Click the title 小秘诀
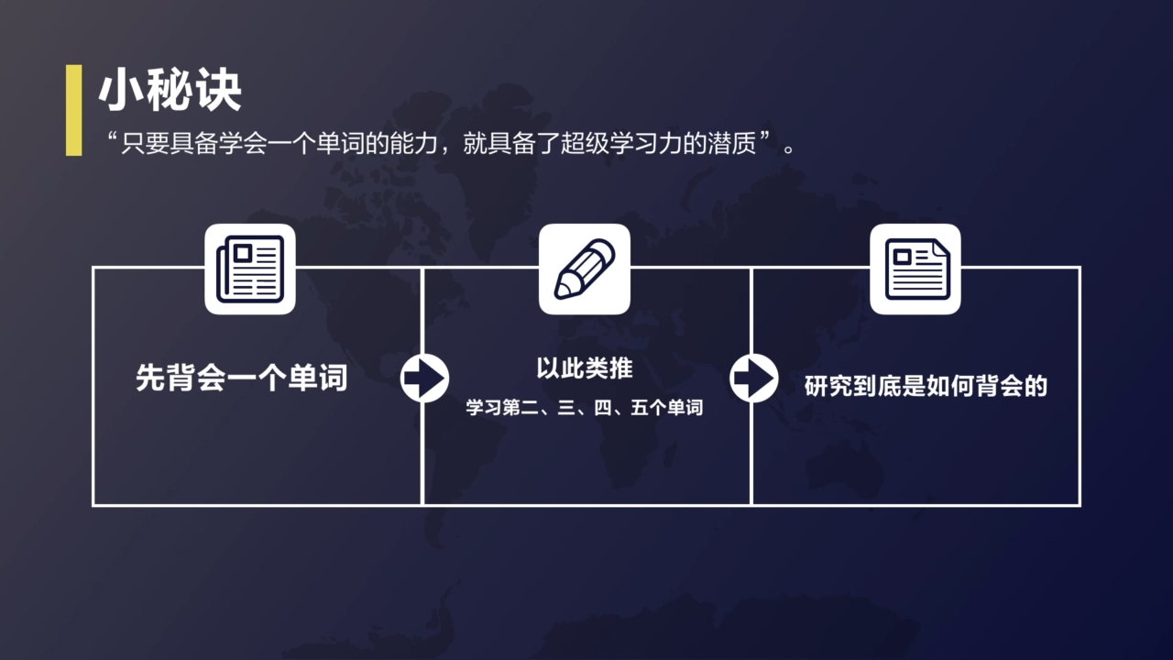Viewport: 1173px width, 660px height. [170, 92]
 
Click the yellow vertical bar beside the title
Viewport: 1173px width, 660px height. [74, 110]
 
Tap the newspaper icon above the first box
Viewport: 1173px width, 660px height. [249, 269]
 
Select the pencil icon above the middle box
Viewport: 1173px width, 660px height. [585, 269]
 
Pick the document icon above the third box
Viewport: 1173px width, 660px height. [915, 269]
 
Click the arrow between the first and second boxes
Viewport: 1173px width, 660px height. [424, 378]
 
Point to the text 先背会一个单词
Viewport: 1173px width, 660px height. [242, 378]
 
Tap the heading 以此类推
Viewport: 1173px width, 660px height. [585, 368]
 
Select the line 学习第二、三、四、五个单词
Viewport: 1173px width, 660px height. [585, 408]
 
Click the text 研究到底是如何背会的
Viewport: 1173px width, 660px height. [926, 386]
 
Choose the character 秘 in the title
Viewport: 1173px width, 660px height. [170, 92]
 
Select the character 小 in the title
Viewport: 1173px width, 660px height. [122, 92]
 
